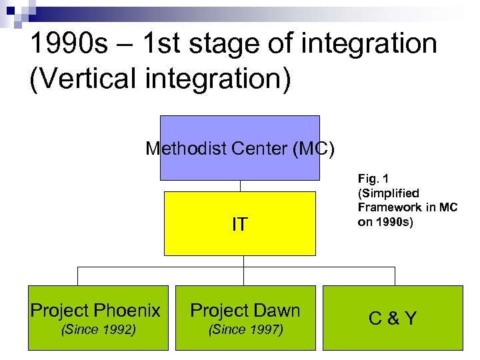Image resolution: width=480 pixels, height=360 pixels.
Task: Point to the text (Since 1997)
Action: point(245,329)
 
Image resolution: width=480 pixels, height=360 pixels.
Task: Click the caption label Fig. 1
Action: point(373,179)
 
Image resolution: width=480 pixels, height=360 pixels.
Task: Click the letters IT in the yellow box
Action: point(239,225)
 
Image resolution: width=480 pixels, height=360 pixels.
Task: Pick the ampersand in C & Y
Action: point(393,318)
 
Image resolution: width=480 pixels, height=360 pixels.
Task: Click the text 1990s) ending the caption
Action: point(394,222)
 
